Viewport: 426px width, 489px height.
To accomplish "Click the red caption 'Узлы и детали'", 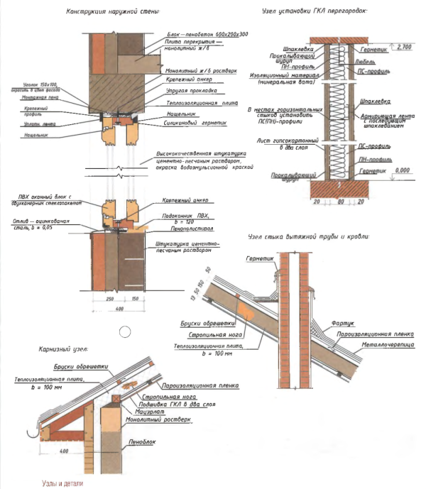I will pyautogui.click(x=62, y=480).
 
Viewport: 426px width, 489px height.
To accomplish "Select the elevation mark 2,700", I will pyautogui.click(x=403, y=47).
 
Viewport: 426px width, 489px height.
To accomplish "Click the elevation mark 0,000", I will pyautogui.click(x=403, y=171).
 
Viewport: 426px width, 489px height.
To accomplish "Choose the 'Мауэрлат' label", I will pyautogui.click(x=151, y=411).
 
